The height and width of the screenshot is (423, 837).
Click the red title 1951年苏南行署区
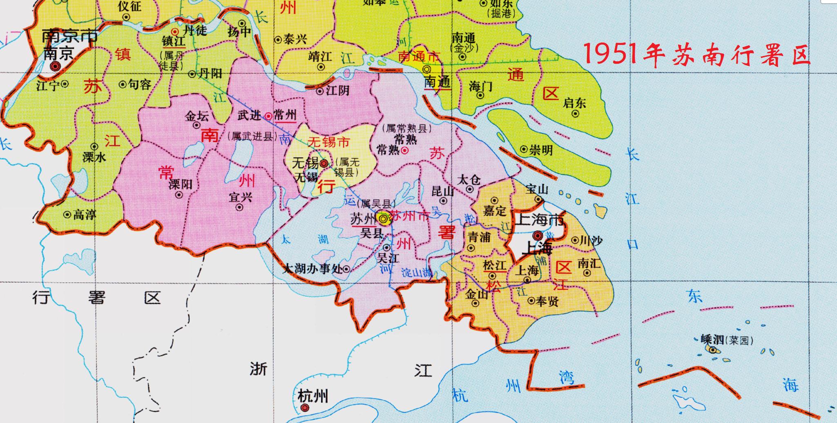pyautogui.click(x=697, y=55)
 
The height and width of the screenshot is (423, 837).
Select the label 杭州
pyautogui.click(x=313, y=396)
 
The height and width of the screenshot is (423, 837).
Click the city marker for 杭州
pyautogui.click(x=304, y=408)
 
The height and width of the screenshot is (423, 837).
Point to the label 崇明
pyautogui.click(x=541, y=150)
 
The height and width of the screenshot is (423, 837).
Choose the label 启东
pyautogui.click(x=574, y=103)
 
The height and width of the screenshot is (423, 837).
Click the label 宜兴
pyautogui.click(x=241, y=197)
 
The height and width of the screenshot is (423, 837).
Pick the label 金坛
pyautogui.click(x=197, y=116)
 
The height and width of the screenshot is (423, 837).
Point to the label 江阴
pyautogui.click(x=337, y=90)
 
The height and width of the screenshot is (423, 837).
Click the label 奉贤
pyautogui.click(x=547, y=301)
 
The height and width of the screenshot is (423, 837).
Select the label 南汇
pyautogui.click(x=589, y=264)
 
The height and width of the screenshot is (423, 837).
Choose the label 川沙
pyautogui.click(x=591, y=240)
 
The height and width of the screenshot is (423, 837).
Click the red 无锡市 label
pyautogui.click(x=328, y=142)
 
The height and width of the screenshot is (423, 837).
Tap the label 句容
pyautogui.click(x=140, y=85)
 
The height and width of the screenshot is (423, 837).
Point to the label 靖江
pyautogui.click(x=320, y=56)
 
